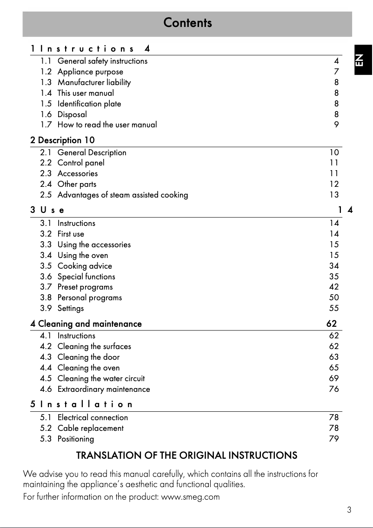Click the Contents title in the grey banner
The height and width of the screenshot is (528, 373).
187,23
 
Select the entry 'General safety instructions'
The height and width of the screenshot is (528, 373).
102,61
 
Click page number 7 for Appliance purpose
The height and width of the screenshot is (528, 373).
336,72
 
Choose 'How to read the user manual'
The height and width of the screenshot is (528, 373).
107,125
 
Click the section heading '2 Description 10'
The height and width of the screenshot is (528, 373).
63,140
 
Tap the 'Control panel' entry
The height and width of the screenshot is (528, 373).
81,163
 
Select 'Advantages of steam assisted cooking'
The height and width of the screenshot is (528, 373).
123,195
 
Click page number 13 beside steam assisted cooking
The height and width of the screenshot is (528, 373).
334,195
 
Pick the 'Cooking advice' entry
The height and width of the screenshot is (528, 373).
85,266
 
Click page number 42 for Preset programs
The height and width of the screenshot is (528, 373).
334,287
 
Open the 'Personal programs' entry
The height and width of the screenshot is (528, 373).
90,297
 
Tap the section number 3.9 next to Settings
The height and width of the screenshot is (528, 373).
46,308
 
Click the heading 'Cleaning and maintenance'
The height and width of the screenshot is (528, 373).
90,323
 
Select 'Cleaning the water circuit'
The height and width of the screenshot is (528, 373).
101,378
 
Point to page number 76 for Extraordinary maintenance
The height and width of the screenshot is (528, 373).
334,389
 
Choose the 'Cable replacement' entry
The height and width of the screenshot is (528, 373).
91,428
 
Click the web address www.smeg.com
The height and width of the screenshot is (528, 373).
190,497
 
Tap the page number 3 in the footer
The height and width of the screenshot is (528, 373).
349,510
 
